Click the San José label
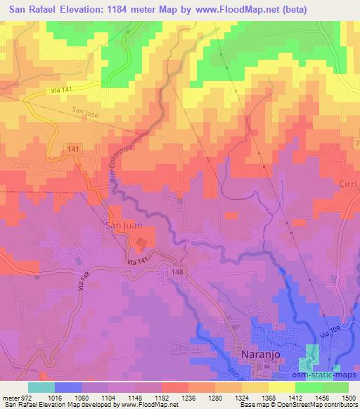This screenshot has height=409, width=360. pos(86,110)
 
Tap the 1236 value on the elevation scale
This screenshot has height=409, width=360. pos(188,398)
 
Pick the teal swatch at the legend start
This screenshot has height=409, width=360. pos(40,387)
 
